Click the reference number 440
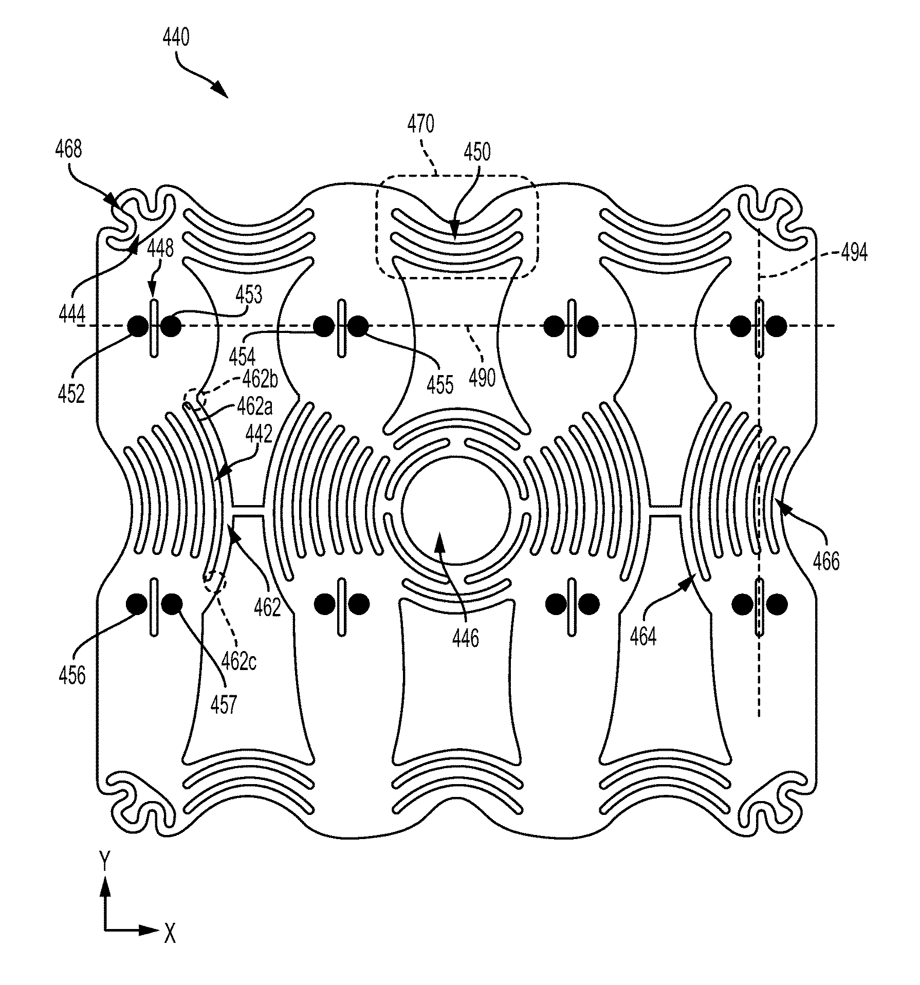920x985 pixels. click(176, 38)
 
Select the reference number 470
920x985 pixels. click(421, 124)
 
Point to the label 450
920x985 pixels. click(477, 152)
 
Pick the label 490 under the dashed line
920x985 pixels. click(482, 378)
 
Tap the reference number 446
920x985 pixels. click(466, 639)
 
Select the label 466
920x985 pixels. click(826, 562)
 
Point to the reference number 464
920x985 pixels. click(643, 637)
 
